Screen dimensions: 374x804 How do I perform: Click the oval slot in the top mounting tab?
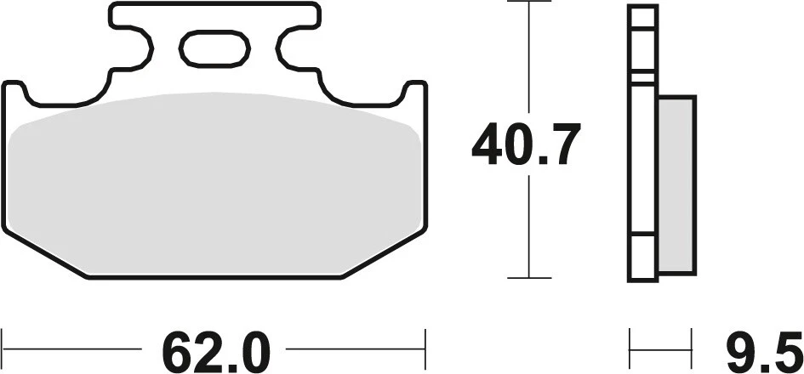pyautogui.click(x=214, y=48)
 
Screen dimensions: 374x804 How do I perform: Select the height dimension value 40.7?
pyautogui.click(x=527, y=145)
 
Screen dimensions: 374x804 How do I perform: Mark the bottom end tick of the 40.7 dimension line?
pyautogui.click(x=529, y=277)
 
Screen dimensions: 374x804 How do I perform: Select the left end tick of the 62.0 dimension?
pyautogui.click(x=3, y=348)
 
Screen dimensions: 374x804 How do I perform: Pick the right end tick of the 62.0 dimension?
pyautogui.click(x=424, y=348)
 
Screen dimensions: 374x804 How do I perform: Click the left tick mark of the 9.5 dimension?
pyautogui.click(x=630, y=348)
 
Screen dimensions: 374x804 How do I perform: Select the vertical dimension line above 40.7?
pyautogui.click(x=529, y=59)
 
